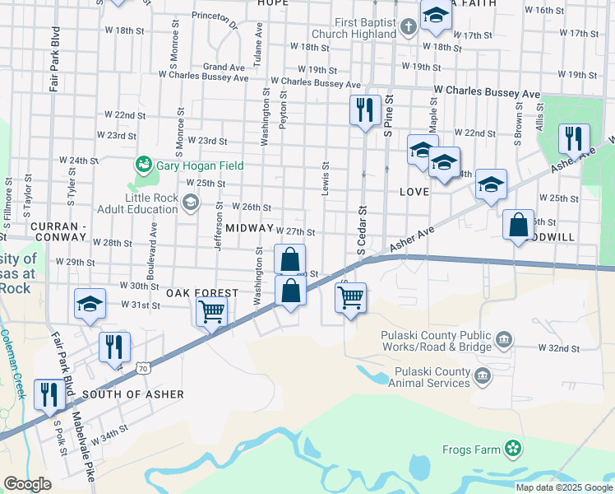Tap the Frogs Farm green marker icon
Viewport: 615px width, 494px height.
[x=514, y=449]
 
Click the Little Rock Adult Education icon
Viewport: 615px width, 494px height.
[x=191, y=203]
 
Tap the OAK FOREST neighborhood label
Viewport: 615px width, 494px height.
[x=202, y=293]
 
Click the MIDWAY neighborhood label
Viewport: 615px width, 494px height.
[x=248, y=227]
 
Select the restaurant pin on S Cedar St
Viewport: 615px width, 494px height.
[x=363, y=110]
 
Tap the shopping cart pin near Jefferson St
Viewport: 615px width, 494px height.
[x=211, y=313]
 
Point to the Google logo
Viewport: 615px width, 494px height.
[x=27, y=483]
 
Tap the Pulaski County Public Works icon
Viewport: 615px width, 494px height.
[x=505, y=338]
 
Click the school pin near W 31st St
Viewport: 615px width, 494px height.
[x=90, y=304]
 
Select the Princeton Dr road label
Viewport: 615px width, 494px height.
[x=215, y=20]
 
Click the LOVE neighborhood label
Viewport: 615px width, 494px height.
[x=414, y=191]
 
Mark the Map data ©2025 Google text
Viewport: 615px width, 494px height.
[x=564, y=487]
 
